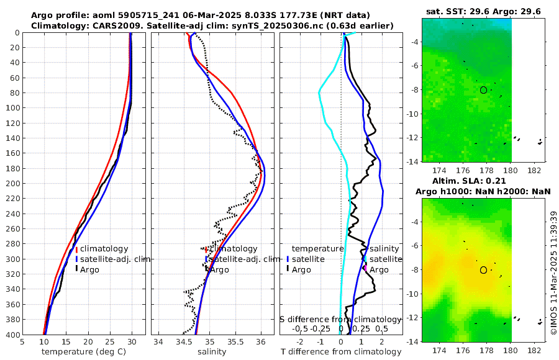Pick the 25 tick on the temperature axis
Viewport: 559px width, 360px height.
pos(110,341)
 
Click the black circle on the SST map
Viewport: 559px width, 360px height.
pos(484,90)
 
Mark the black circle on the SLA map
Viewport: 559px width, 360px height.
pos(484,270)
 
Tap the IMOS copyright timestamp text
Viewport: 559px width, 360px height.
pos(553,273)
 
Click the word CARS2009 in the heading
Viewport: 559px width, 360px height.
pos(105,25)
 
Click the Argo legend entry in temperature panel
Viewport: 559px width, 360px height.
pos(90,269)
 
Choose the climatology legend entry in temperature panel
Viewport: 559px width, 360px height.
pos(104,249)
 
